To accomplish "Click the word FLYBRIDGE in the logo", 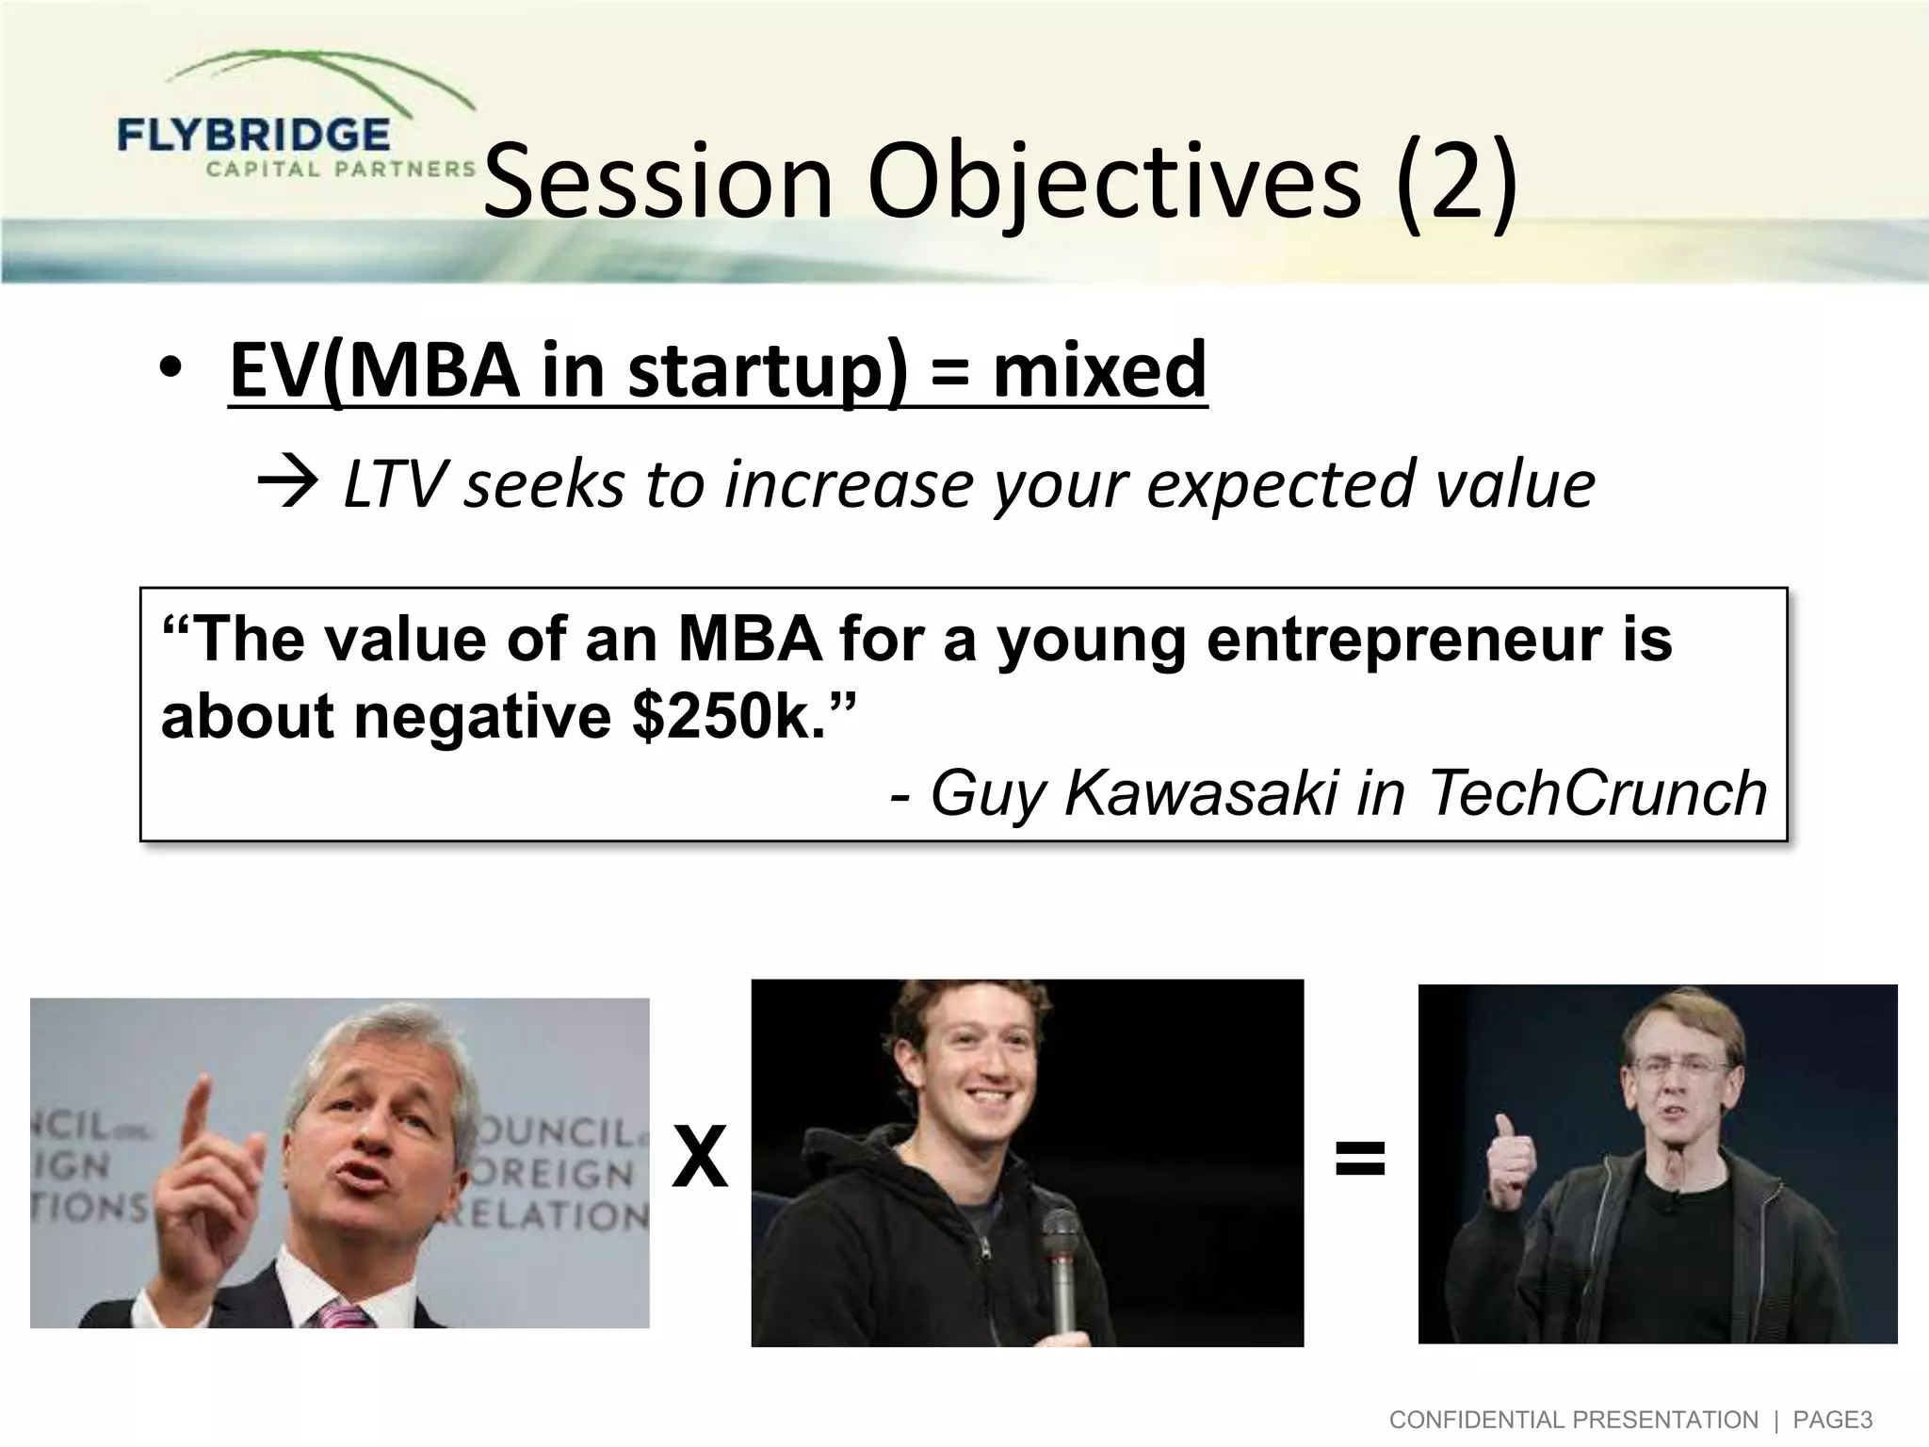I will pos(253,136).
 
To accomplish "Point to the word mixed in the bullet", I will pos(1099,369).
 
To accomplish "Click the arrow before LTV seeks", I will pos(287,486).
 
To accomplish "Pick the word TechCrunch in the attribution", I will pos(1597,793).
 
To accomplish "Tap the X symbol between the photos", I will pos(700,1160).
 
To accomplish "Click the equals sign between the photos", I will pos(1360,1159).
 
